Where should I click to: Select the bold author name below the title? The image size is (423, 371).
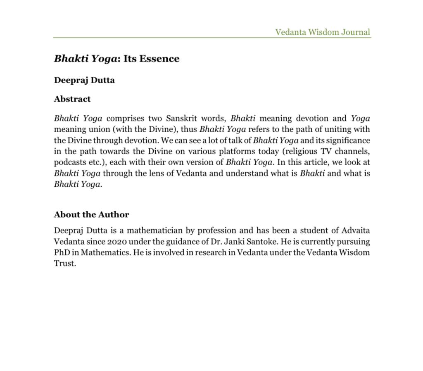coord(84,80)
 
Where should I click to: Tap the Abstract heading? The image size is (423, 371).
coord(72,99)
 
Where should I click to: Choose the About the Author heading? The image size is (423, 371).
coord(91,215)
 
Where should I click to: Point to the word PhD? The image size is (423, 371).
coord(61,252)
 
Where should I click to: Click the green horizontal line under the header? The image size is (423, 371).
coord(211,38)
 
